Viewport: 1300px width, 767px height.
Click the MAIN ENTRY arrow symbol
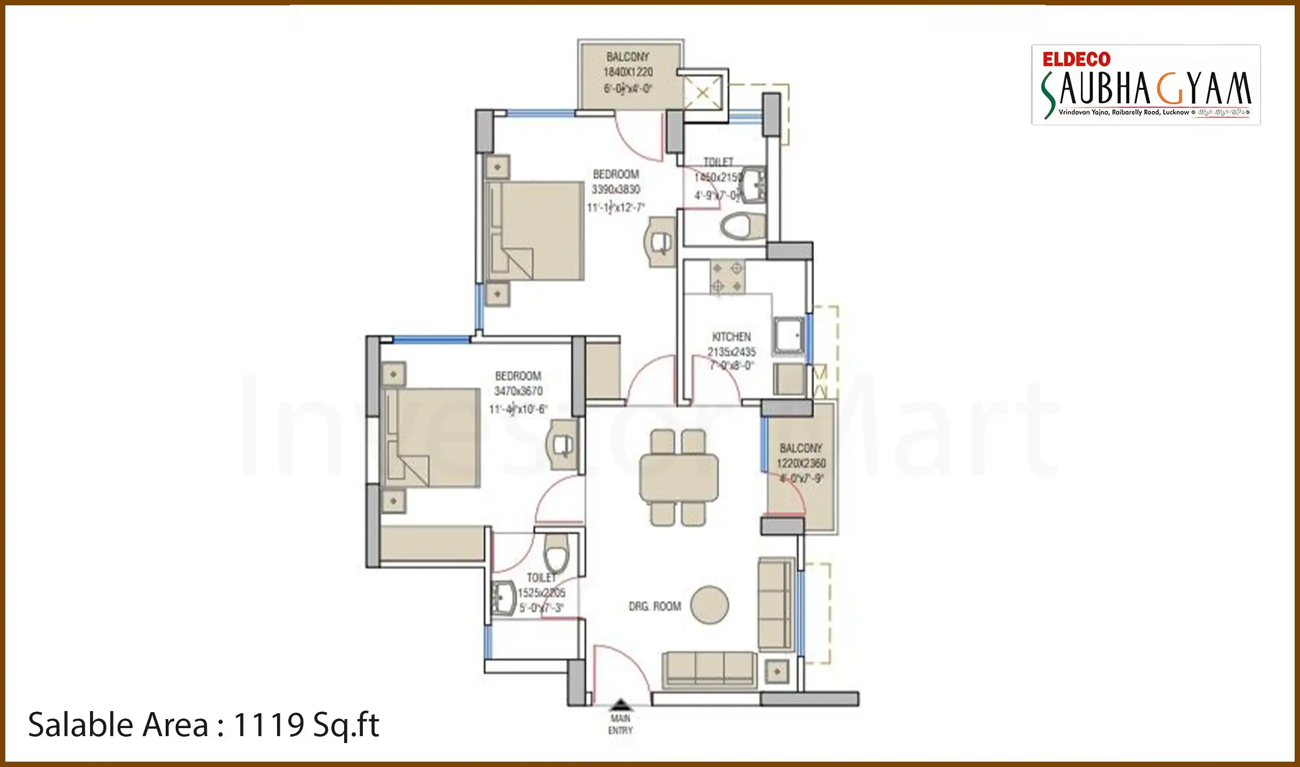(620, 705)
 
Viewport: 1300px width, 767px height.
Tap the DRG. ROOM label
(655, 606)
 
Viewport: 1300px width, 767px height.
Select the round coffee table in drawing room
(709, 605)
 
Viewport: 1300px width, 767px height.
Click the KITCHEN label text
(731, 337)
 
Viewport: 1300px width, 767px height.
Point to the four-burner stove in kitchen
(727, 277)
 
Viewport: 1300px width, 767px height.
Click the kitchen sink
(789, 336)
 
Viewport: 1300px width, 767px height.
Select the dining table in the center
(679, 477)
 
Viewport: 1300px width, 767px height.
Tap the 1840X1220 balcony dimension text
(628, 72)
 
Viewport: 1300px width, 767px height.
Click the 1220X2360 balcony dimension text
(801, 463)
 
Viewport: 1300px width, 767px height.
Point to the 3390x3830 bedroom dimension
(616, 190)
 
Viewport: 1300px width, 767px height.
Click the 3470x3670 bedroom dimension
(518, 391)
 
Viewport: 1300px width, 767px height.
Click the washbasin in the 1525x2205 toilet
(503, 599)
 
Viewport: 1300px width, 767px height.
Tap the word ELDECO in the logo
(1076, 59)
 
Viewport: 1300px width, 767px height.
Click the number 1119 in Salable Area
(269, 725)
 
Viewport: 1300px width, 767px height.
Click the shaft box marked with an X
(703, 93)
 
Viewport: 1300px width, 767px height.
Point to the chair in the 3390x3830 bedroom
(661, 243)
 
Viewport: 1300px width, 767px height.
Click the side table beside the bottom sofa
(777, 672)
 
